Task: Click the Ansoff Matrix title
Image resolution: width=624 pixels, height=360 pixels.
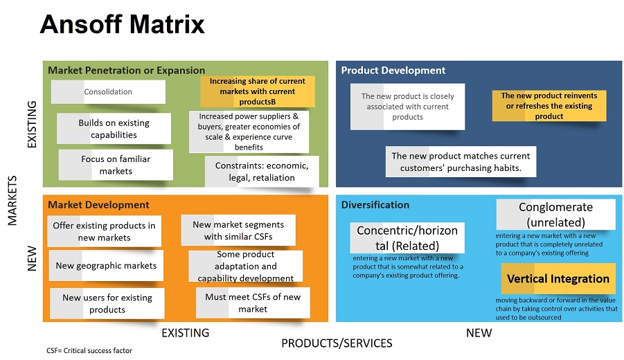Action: coord(122,24)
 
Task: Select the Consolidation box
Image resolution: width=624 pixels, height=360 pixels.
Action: coord(108,92)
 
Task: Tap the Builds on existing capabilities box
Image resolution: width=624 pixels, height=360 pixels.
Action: coord(114,129)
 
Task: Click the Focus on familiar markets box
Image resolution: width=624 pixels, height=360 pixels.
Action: coord(116,165)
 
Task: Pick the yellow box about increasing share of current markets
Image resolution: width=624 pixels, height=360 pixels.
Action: coord(258,91)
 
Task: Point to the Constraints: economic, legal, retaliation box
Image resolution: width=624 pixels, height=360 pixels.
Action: coord(262,172)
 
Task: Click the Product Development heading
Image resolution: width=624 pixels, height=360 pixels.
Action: coord(393,71)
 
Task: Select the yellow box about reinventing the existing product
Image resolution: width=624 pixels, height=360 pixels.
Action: coord(549,106)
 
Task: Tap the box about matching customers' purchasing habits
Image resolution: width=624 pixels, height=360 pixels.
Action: coord(461,162)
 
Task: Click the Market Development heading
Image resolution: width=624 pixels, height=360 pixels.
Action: coord(98,205)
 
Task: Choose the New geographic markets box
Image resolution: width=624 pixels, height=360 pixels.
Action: coord(106,265)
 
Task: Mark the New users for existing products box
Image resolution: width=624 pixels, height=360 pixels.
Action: coord(107,303)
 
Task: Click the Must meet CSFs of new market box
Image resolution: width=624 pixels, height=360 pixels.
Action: coord(253,303)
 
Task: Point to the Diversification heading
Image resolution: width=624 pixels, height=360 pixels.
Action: coord(375,205)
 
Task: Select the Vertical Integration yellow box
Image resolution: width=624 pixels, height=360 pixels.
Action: coord(558,278)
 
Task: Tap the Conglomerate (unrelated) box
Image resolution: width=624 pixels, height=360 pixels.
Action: coord(556,215)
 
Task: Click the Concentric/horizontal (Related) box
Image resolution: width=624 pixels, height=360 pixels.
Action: coord(407,238)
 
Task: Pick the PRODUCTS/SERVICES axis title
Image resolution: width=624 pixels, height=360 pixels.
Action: coord(337,343)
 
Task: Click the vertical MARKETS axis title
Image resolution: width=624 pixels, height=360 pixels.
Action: coord(12,201)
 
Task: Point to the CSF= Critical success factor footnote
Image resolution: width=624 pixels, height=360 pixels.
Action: coord(89,350)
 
